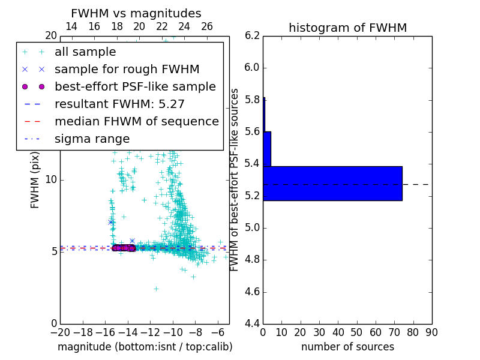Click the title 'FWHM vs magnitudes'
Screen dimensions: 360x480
136,13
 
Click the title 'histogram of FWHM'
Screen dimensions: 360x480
347,28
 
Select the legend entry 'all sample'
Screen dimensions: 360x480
85,52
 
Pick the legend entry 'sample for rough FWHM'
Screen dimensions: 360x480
127,70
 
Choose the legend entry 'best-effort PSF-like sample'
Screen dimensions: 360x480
135,87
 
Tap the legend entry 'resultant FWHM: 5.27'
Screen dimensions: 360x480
119,104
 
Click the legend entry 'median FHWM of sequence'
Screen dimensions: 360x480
136,122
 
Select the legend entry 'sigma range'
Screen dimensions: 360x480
92,139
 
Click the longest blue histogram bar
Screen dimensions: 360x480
332,183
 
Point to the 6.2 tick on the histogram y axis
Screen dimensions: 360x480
252,35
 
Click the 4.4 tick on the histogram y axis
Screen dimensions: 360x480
252,324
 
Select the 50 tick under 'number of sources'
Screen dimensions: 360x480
356,332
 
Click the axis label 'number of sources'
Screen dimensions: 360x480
347,347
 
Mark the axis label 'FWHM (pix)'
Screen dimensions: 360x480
35,179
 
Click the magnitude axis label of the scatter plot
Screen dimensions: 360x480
145,347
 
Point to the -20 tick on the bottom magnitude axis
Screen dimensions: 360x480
60,332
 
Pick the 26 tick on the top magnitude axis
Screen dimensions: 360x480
207,26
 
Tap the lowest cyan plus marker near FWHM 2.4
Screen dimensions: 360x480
156,289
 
